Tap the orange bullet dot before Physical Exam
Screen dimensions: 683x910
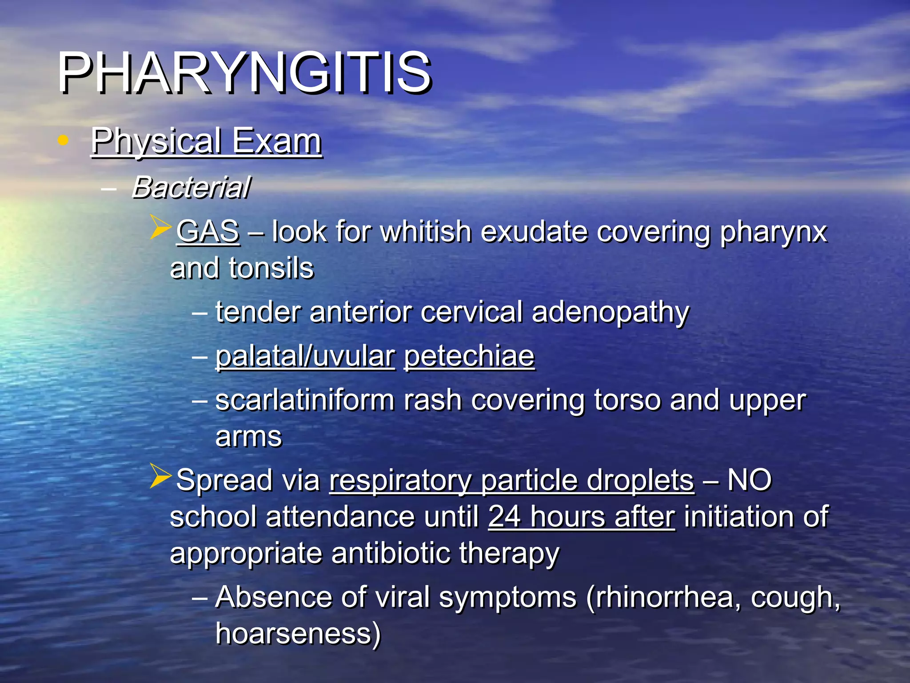click(63, 141)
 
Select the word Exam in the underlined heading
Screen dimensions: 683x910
click(277, 141)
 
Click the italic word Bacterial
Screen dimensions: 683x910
click(191, 187)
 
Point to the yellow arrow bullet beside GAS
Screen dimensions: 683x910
click(160, 227)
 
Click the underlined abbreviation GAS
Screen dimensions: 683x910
click(208, 232)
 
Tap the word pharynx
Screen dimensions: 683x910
click(773, 232)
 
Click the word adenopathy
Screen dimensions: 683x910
click(610, 312)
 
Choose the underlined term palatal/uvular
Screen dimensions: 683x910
click(305, 356)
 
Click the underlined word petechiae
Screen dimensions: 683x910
click(469, 356)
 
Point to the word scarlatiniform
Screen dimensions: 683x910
click(305, 400)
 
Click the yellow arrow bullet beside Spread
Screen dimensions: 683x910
click(160, 476)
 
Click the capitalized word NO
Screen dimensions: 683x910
click(750, 480)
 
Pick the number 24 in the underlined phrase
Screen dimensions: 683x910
click(505, 517)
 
